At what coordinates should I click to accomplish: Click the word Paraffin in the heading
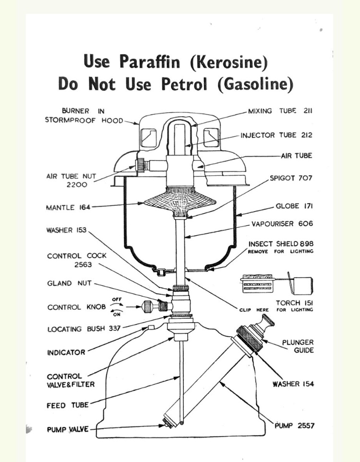(150, 62)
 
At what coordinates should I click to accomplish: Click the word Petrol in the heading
(184, 84)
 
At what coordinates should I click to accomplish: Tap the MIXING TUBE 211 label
(280, 111)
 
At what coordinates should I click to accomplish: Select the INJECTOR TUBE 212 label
(276, 135)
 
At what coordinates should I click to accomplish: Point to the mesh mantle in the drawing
(180, 202)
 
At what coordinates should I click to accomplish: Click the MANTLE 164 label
(68, 207)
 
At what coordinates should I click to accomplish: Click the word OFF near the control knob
(117, 300)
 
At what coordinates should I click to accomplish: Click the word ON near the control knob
(117, 315)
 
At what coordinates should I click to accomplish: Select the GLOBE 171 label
(294, 206)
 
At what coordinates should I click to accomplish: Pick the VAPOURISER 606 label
(282, 224)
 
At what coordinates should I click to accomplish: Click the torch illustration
(277, 284)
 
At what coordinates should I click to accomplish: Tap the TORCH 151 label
(294, 303)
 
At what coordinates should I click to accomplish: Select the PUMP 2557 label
(294, 426)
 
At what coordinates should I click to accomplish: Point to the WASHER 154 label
(293, 384)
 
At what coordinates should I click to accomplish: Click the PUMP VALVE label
(68, 429)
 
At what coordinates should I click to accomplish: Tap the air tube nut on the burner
(141, 165)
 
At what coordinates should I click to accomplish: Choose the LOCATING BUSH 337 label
(84, 329)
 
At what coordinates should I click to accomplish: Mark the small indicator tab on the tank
(151, 328)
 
